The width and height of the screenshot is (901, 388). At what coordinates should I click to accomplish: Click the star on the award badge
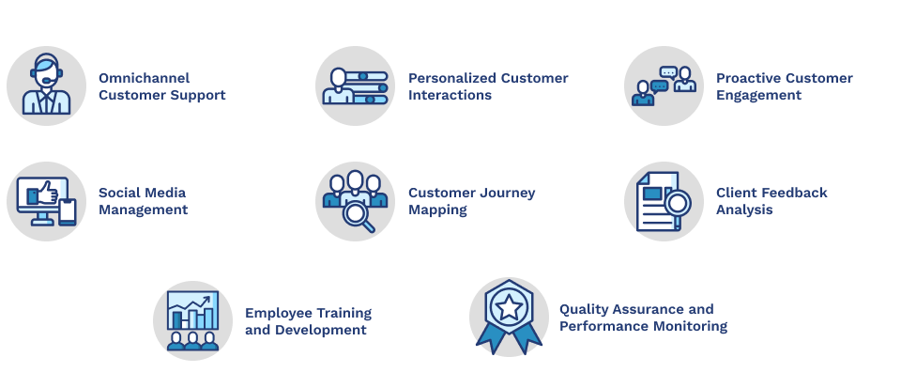point(509,306)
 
